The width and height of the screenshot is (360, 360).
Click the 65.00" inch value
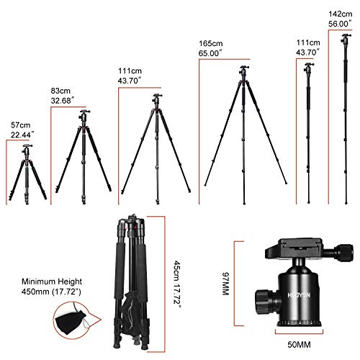(x=213, y=53)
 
